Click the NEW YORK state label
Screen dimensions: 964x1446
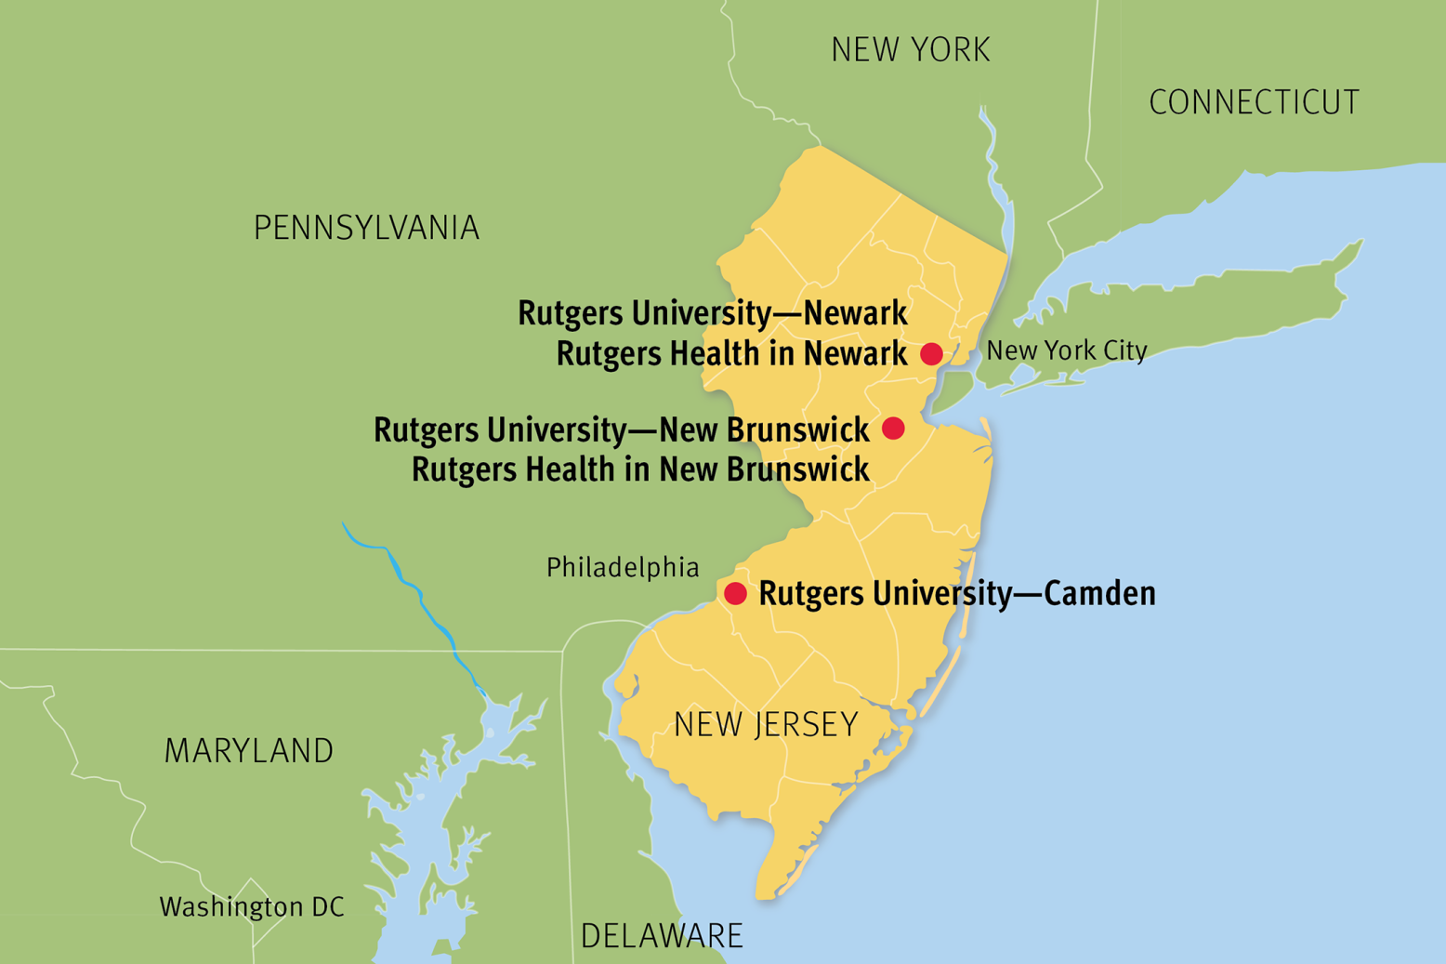[911, 50]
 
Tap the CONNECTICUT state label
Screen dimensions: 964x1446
[1254, 102]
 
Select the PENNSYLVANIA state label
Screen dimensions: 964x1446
[366, 228]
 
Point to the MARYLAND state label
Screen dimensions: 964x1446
[249, 751]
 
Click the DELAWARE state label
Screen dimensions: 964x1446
[662, 936]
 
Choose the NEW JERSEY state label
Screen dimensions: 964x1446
[766, 725]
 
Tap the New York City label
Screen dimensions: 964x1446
[1066, 350]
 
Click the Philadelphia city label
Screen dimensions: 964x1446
[623, 567]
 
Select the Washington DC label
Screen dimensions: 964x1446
[252, 907]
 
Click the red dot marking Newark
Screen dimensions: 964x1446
[931, 354]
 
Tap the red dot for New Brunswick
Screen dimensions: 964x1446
[893, 428]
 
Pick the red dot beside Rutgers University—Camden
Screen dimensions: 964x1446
[735, 594]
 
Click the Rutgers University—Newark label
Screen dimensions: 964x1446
[712, 313]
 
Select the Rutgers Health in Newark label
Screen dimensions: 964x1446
[731, 354]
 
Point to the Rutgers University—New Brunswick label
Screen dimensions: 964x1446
[621, 430]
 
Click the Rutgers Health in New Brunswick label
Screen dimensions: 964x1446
[640, 470]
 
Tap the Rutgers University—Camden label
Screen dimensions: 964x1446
[957, 594]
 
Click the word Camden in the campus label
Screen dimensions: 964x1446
[1099, 594]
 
